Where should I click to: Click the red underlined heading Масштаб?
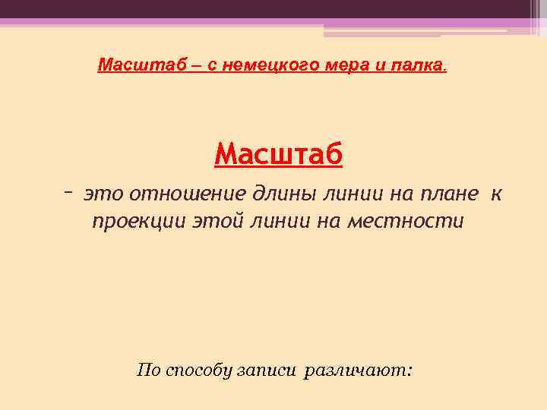pyautogui.click(x=279, y=155)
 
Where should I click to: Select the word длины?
pyautogui.click(x=279, y=194)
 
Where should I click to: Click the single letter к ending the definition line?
pyautogui.click(x=495, y=194)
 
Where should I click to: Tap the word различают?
pyautogui.click(x=357, y=371)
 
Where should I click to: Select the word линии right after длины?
pyautogui.click(x=346, y=194)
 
